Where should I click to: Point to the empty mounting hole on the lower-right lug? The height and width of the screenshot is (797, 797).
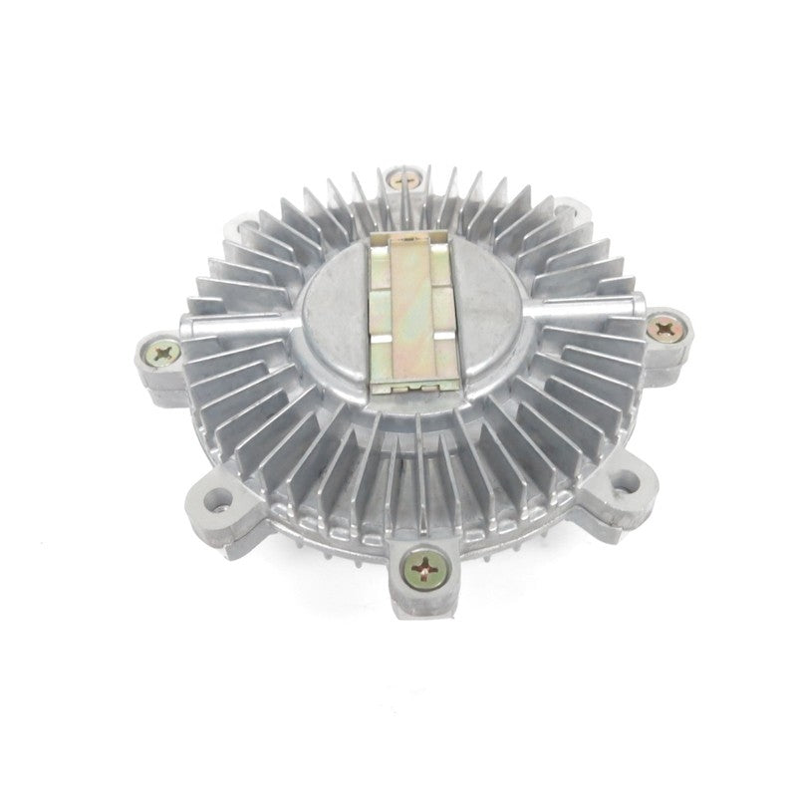tap(625, 480)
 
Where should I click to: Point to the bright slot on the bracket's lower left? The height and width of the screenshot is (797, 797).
tap(382, 351)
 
